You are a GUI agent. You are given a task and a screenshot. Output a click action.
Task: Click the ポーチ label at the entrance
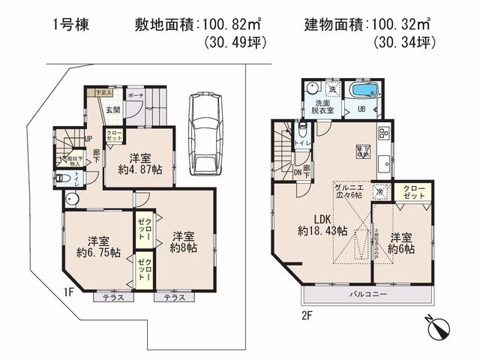point(136,97)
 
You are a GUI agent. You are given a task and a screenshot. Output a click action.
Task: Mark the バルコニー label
point(367,294)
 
